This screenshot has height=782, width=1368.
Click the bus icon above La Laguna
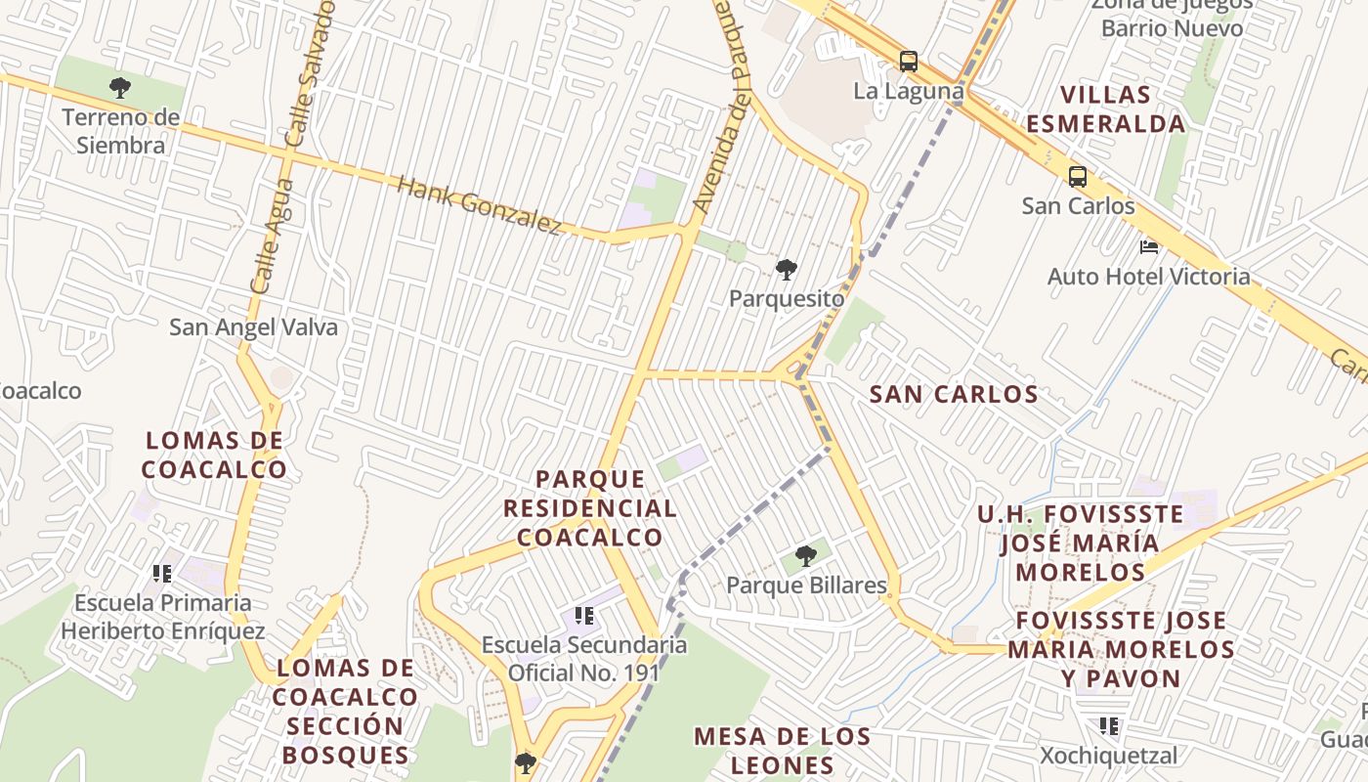point(909,62)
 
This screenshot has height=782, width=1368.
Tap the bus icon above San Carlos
point(1078,177)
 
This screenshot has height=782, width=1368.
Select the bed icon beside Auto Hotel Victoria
point(1149,247)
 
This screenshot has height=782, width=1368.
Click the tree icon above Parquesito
point(786,269)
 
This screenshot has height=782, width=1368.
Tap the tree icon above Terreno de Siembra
point(120,88)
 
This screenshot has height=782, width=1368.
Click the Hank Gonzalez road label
point(479,205)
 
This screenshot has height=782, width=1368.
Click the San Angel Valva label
point(253,327)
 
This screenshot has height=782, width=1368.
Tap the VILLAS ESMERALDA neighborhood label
point(1105,109)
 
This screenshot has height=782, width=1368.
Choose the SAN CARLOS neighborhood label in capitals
point(953,395)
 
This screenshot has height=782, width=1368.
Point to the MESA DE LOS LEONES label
point(782,751)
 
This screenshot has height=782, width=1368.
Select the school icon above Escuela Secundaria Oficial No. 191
point(584,616)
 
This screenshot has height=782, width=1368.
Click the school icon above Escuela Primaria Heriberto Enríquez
point(162,573)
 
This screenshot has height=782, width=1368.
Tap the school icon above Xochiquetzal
point(1109,726)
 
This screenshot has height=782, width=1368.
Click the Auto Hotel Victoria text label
point(1148,277)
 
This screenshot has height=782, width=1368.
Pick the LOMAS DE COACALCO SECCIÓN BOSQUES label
point(345,712)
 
